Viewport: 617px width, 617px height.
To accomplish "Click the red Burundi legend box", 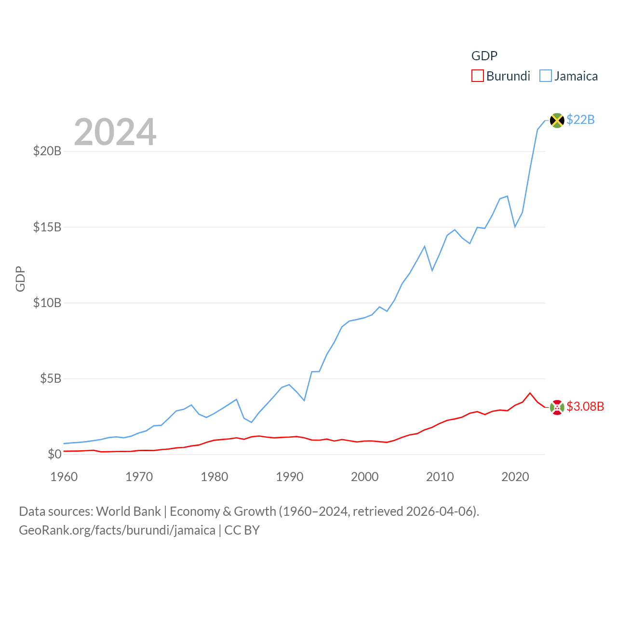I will click(477, 76).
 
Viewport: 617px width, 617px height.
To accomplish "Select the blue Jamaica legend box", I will click(545, 76).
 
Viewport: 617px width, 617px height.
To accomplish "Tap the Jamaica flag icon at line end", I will click(557, 121).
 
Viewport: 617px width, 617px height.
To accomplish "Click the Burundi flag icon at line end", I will click(557, 407).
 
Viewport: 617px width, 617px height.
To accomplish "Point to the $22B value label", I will click(580, 120).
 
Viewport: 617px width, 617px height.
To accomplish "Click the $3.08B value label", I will click(585, 406).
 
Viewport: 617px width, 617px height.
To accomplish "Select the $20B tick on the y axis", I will click(47, 151).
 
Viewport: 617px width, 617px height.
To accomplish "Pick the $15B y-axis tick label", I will click(47, 227).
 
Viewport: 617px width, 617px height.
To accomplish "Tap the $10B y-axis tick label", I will click(47, 303).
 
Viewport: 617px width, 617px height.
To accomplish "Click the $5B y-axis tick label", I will click(51, 378).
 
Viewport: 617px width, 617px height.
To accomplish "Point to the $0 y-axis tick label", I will click(54, 454).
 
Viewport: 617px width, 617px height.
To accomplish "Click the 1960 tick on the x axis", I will click(64, 477).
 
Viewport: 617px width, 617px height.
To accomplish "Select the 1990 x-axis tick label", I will click(290, 477).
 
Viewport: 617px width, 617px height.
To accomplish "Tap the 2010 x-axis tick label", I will click(440, 477).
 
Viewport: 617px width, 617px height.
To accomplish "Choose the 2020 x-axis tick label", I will click(515, 477).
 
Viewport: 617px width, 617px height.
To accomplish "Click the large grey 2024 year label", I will click(115, 132).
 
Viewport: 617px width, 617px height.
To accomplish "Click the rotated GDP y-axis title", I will click(20, 279).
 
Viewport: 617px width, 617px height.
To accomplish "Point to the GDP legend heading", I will click(484, 56).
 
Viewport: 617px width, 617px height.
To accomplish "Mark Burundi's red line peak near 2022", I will click(530, 393).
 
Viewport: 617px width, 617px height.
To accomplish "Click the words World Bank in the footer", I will click(128, 511).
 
